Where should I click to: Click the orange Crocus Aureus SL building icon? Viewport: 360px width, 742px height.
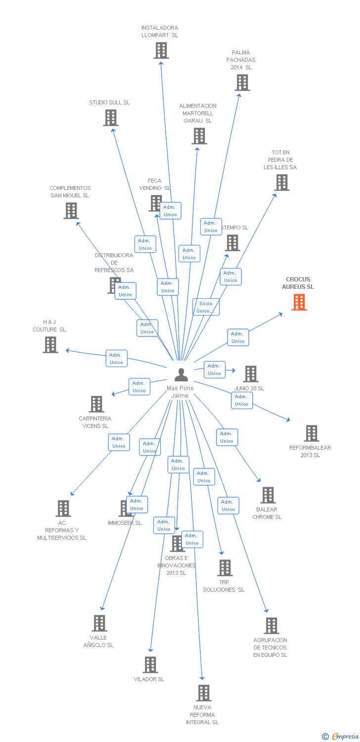(x=299, y=302)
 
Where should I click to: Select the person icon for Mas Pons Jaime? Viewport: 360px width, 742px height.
(x=181, y=375)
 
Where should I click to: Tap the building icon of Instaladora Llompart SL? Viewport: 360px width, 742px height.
(x=161, y=50)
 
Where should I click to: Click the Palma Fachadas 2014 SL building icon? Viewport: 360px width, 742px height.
(x=242, y=83)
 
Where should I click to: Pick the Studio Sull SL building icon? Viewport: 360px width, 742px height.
(x=111, y=118)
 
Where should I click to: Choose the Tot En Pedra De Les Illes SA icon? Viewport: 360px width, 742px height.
(x=282, y=183)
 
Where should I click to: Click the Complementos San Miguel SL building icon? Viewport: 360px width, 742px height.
(x=71, y=211)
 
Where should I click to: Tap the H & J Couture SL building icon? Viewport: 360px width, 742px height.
(x=50, y=345)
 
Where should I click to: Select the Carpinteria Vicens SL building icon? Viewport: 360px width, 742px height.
(x=96, y=404)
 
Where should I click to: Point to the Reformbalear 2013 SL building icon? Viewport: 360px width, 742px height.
(x=312, y=433)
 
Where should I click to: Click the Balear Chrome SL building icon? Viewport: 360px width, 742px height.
(x=268, y=495)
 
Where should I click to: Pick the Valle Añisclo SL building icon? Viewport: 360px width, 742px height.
(x=100, y=623)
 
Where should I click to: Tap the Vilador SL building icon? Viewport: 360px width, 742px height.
(x=150, y=665)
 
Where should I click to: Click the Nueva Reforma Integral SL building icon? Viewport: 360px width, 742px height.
(x=204, y=693)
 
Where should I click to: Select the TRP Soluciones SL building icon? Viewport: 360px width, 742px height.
(x=225, y=568)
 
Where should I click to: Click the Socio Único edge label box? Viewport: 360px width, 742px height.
(x=206, y=307)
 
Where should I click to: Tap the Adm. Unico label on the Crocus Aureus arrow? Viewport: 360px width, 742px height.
(x=238, y=337)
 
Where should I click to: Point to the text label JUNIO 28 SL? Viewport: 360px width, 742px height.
(x=249, y=388)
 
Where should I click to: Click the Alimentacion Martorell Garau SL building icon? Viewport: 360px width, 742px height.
(x=199, y=136)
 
